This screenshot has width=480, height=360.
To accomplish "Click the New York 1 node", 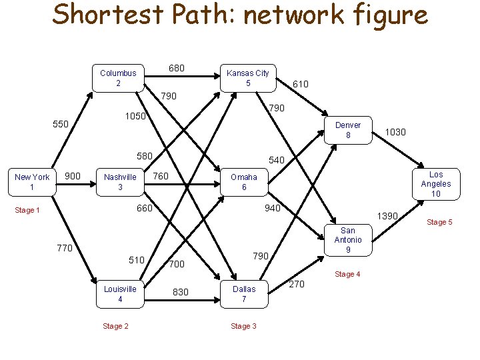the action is (x=32, y=182).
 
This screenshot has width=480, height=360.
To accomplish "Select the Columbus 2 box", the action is (x=118, y=78).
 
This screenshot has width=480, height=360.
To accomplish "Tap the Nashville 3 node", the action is (x=120, y=182).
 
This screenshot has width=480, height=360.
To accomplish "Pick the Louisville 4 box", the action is (x=120, y=294).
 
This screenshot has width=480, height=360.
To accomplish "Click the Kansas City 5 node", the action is (x=248, y=78).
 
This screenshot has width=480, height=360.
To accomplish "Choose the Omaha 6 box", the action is (x=244, y=182).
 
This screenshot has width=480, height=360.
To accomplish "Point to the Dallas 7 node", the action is (x=244, y=294).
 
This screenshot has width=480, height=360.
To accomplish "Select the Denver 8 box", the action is (x=348, y=130).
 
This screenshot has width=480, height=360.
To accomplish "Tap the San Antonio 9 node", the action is (x=348, y=240).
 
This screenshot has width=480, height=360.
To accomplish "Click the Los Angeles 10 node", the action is (x=436, y=184).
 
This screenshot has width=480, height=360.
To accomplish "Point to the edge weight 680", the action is (x=177, y=69).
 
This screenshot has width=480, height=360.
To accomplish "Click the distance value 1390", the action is (x=387, y=217).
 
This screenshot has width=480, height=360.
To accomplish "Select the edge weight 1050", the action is (x=137, y=117).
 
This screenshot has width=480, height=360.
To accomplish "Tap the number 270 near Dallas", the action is (x=297, y=285).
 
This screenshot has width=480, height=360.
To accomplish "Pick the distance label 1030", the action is (x=395, y=133).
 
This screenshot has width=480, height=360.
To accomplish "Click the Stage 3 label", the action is (x=244, y=326).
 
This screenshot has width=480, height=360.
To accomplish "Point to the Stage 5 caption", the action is (x=439, y=222).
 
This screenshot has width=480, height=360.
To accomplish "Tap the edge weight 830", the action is (x=181, y=292).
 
